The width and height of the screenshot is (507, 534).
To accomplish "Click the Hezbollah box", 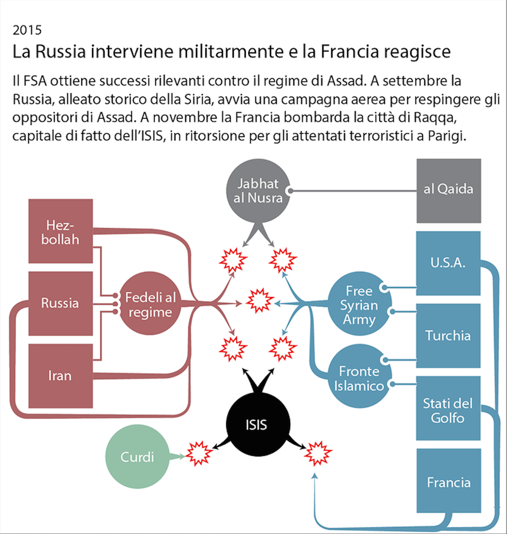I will tap(60, 232).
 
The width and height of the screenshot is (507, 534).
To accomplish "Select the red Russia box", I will tap(60, 303).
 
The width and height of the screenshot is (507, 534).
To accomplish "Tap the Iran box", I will tap(60, 375).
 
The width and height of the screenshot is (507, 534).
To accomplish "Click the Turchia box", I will tap(448, 336).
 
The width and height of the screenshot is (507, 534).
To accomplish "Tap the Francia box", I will tap(448, 483).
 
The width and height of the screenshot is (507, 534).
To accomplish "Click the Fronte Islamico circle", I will tap(359, 378).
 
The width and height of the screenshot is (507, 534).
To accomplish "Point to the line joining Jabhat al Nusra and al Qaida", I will tap(352, 191).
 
